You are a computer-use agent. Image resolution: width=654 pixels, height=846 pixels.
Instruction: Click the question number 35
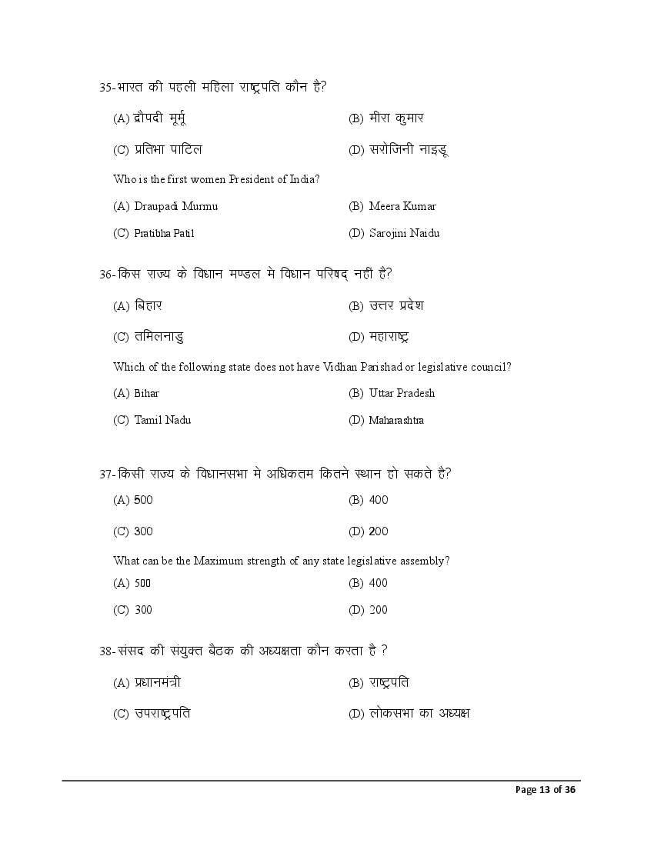pos(106,87)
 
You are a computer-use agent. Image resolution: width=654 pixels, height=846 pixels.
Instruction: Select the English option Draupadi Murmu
pos(175,206)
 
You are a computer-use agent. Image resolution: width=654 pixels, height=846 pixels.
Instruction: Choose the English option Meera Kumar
pos(402,206)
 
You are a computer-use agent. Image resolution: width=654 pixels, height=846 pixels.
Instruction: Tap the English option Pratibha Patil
pos(158,233)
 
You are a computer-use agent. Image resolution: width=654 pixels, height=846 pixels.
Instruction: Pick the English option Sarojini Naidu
pos(404,233)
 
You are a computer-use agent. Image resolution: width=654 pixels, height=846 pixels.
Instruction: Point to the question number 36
pos(106,274)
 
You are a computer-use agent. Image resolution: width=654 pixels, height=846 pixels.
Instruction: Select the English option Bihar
pos(146,393)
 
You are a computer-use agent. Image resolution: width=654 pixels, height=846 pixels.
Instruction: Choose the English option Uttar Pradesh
pos(401,393)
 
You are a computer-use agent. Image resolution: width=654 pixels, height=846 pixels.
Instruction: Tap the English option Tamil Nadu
pos(162,420)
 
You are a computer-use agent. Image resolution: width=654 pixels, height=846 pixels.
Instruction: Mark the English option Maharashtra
pos(395,420)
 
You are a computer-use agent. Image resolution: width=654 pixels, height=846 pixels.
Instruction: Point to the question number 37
pos(106,474)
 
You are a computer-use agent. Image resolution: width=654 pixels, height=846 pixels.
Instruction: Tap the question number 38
pos(106,651)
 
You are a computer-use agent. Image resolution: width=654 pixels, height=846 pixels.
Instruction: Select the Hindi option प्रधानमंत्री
pos(157,682)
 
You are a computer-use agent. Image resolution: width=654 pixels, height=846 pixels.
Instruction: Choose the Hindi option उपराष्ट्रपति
pos(162,714)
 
